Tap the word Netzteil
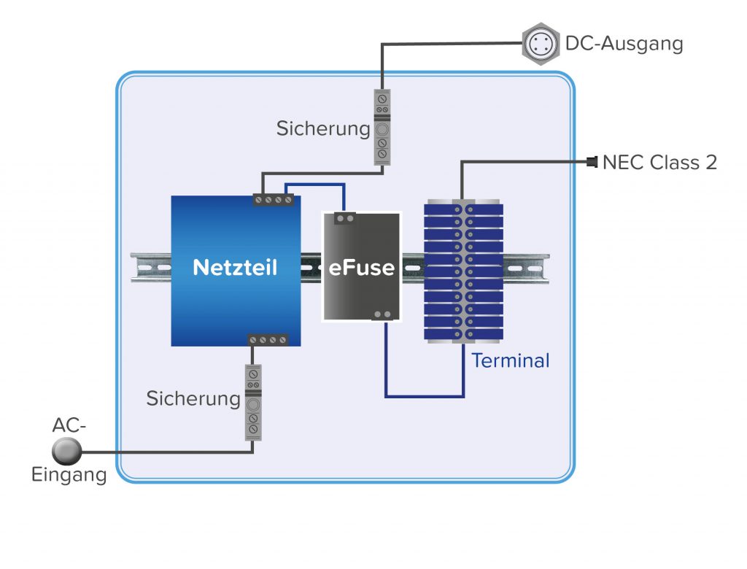pyautogui.click(x=235, y=268)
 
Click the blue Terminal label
pyautogui.click(x=510, y=360)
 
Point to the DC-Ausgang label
pyautogui.click(x=624, y=44)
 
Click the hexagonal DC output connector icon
pyautogui.click(x=540, y=44)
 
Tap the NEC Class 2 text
pyautogui.click(x=659, y=162)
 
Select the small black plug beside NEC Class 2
pyautogui.click(x=592, y=161)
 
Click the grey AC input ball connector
pyautogui.click(x=66, y=451)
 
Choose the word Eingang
pyautogui.click(x=69, y=475)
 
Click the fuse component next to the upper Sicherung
pyautogui.click(x=382, y=126)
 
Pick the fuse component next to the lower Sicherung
pyautogui.click(x=253, y=402)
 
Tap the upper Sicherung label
pyautogui.click(x=323, y=129)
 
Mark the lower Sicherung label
pyautogui.click(x=193, y=399)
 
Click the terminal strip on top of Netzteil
pyautogui.click(x=273, y=199)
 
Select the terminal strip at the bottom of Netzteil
pyautogui.click(x=268, y=340)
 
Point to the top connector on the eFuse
pyautogui.click(x=344, y=217)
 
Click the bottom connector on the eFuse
pyautogui.click(x=382, y=315)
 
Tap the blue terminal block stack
pyautogui.click(x=463, y=270)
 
